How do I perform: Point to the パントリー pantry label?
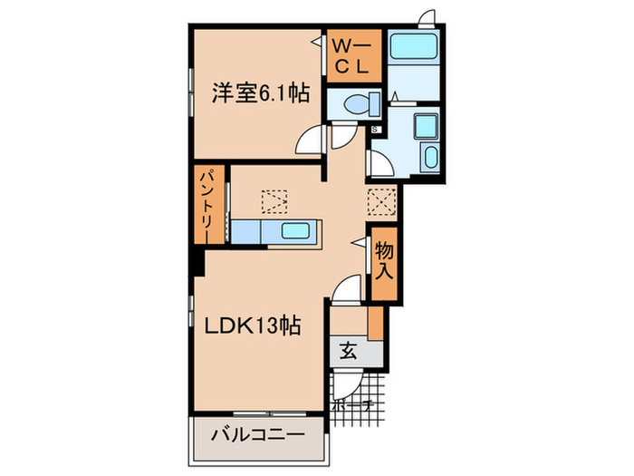pyautogui.click(x=207, y=204)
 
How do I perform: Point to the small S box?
pyautogui.click(x=374, y=130)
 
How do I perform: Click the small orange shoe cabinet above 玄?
pyautogui.click(x=374, y=322)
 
